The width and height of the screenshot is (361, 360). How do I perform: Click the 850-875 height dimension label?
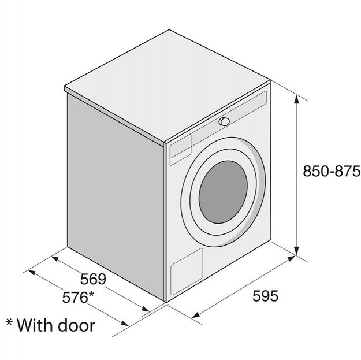[x=332, y=171]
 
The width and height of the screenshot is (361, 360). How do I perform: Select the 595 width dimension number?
[x=265, y=296]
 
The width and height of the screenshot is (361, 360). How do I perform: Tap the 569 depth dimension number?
[x=93, y=279]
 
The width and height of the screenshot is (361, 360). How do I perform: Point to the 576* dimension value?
[x=78, y=297]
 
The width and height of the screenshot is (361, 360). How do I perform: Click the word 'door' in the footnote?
[x=76, y=325]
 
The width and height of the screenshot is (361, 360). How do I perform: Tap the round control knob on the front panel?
[x=224, y=121]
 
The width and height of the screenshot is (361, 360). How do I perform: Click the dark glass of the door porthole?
[x=223, y=192]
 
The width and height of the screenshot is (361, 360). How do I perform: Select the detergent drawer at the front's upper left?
[x=180, y=150]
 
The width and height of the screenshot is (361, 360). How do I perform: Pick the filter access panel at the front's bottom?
[x=187, y=272]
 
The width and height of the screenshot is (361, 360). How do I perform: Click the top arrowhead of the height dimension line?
[x=297, y=100]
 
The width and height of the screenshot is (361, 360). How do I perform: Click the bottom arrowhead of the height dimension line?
[x=297, y=251]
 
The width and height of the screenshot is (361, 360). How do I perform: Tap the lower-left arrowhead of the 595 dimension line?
[x=195, y=315]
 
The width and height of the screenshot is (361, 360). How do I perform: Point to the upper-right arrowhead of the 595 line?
[x=291, y=258]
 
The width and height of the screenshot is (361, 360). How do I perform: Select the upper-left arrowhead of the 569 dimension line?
[x=55, y=259]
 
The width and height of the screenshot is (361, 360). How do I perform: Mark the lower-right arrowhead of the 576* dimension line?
[x=125, y=324]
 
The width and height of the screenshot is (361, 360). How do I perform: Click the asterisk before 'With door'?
[x=9, y=321]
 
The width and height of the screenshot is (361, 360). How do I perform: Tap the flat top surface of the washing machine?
[x=168, y=85]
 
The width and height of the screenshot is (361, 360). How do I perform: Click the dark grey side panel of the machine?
[x=116, y=197]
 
